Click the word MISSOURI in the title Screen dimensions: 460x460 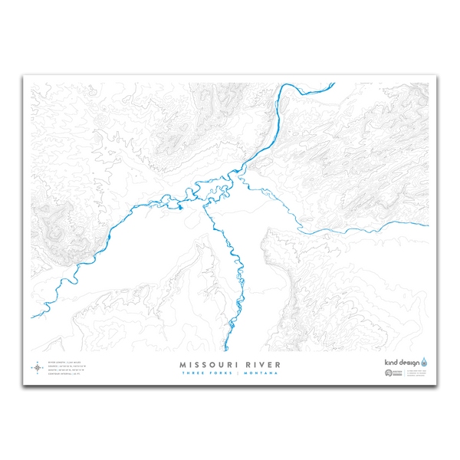pos(206,364)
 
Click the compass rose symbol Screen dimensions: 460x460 pos(37,368)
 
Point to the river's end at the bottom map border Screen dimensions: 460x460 pos(228,350)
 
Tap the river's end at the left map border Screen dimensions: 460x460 pos(31,317)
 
